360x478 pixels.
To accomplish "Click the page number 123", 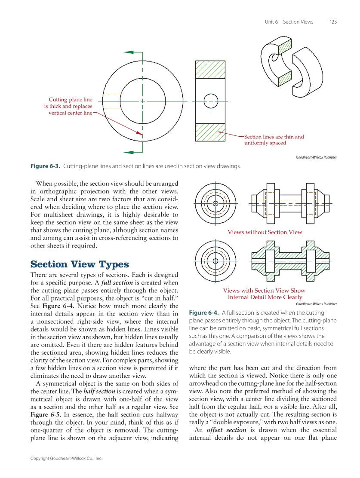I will point(333,22).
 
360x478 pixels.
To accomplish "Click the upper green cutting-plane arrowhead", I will point(129,52).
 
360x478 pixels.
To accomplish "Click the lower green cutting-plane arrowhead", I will point(129,152).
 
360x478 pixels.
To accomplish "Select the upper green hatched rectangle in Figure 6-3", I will point(210,69).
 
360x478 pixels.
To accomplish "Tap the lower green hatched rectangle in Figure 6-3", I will point(210,132).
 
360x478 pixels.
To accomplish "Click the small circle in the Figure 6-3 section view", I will point(211,101).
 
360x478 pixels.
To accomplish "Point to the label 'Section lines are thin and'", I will point(274,137).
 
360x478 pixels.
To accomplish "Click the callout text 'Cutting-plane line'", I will point(71,100).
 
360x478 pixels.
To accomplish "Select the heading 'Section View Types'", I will point(80,264).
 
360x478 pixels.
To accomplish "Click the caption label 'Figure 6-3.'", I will point(45,166).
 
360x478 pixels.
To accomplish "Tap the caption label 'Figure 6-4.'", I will point(204,313).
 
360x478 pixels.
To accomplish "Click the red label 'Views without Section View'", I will point(265,233).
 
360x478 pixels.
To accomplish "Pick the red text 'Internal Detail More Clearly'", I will point(265,297).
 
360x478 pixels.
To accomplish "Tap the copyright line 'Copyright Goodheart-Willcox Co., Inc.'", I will point(66,459).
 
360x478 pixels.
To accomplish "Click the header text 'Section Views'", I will point(298,22).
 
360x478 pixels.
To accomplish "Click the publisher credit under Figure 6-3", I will point(316,157).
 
